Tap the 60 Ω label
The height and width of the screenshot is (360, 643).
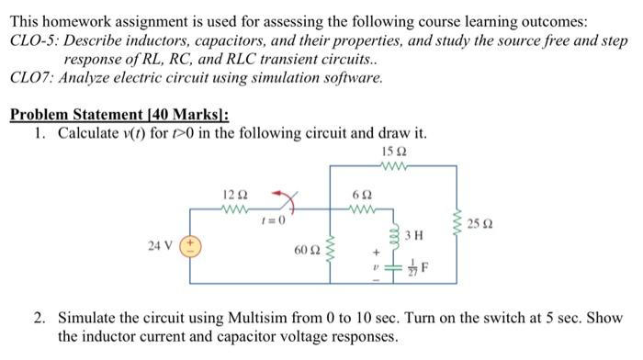(x=304, y=250)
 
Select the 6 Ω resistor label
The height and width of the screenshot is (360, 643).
(x=362, y=195)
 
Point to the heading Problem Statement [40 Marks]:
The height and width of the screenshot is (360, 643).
(x=118, y=115)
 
